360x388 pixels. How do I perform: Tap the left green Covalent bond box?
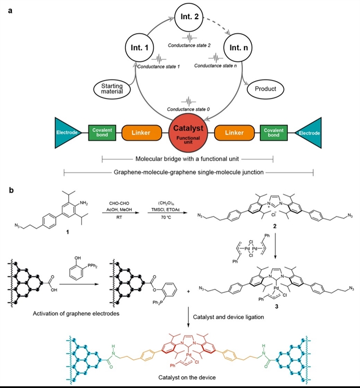pyautogui.click(x=104, y=133)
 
